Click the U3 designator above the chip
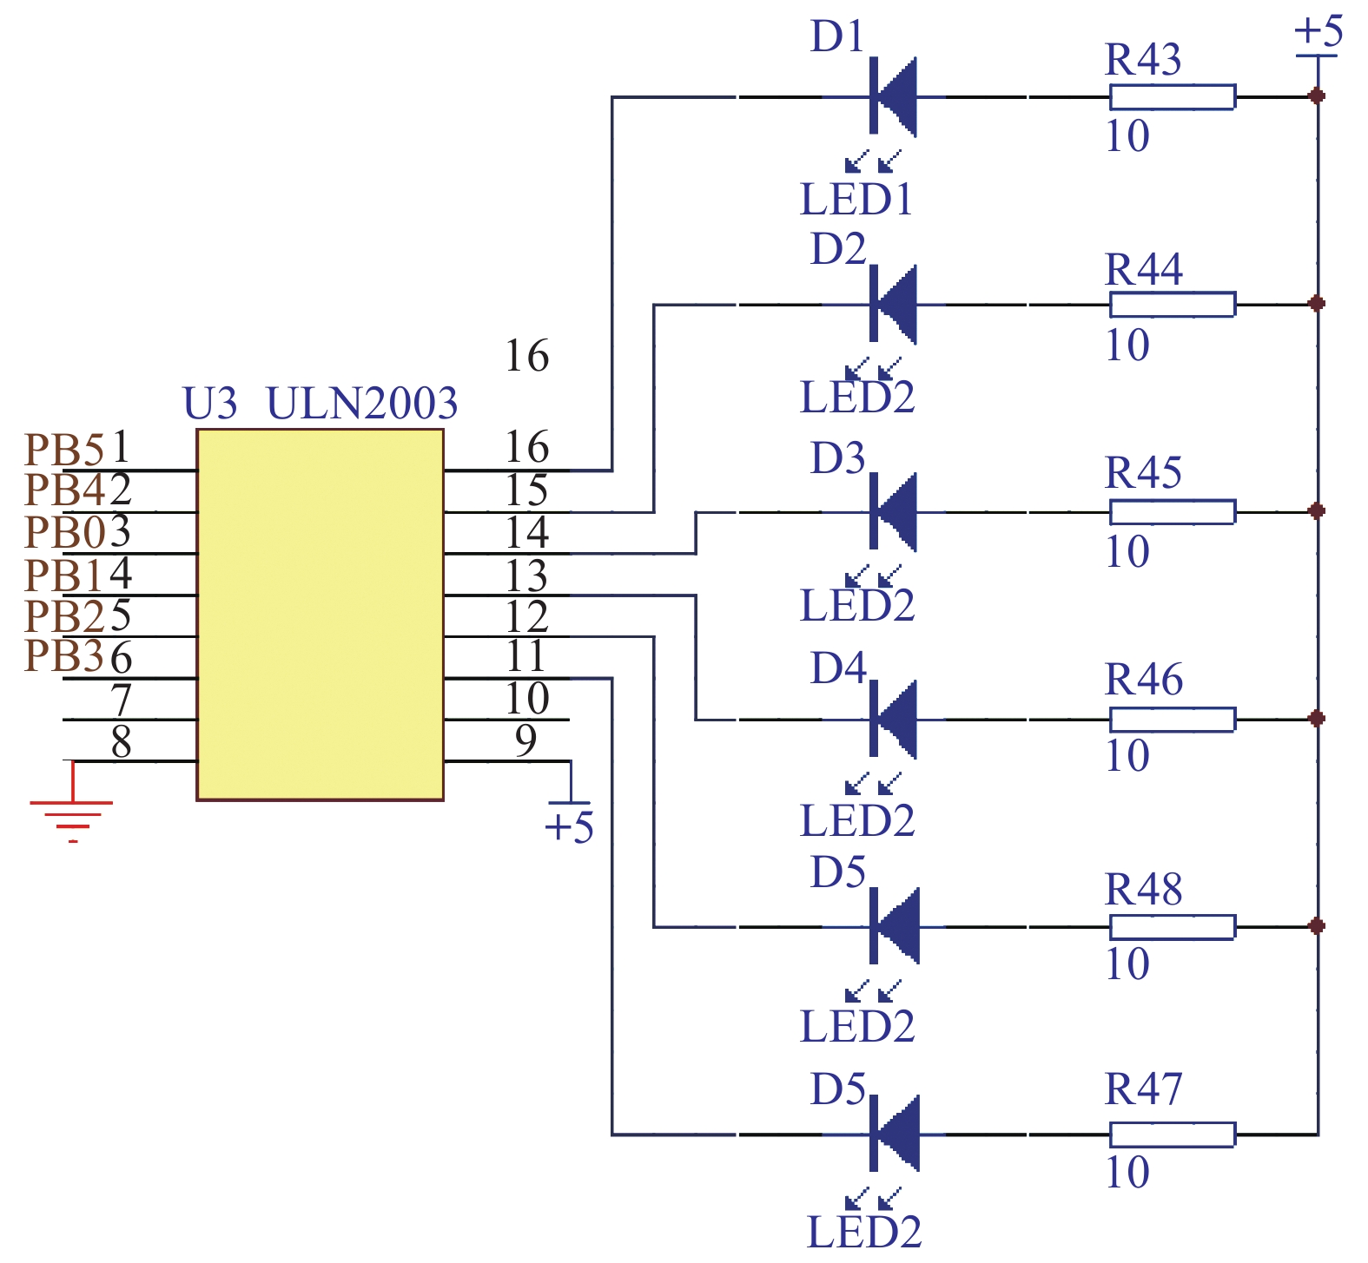click(209, 404)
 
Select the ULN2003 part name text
click(361, 404)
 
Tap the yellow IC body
click(320, 615)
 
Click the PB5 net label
click(64, 450)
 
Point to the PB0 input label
click(64, 532)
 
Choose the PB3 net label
click(64, 656)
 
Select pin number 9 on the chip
click(525, 740)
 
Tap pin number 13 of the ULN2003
click(526, 576)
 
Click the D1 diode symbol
click(893, 96)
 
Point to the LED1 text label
click(856, 200)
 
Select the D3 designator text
click(837, 458)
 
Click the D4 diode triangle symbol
click(894, 719)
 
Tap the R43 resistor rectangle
click(1172, 96)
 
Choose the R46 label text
click(1143, 679)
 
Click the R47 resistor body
click(1172, 1134)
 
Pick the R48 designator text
click(1143, 889)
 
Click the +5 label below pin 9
click(569, 827)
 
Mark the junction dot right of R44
click(1317, 304)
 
